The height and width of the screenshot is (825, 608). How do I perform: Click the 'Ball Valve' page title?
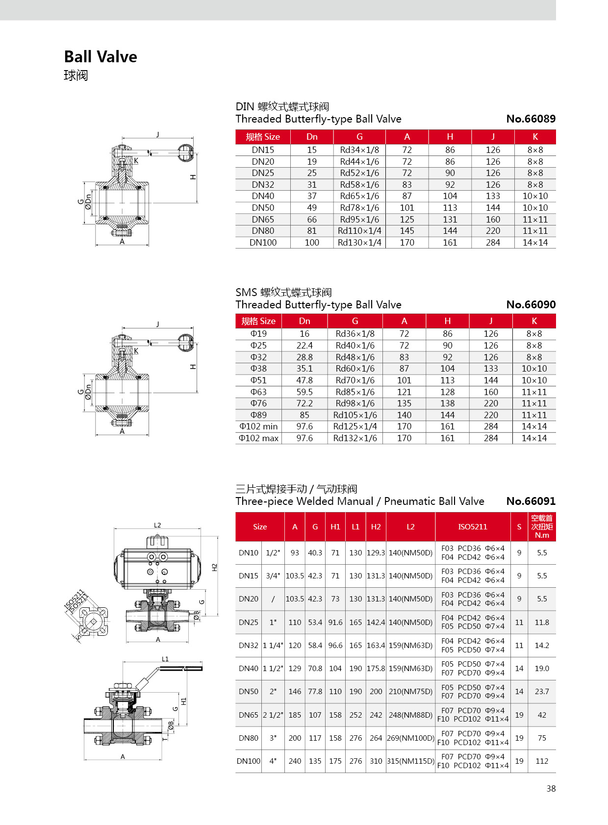[101, 57]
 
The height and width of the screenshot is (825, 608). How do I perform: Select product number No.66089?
[531, 119]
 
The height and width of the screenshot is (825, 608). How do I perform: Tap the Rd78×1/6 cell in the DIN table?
[359, 208]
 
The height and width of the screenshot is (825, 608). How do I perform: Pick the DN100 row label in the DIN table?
[263, 243]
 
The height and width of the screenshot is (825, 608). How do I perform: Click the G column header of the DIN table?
[359, 137]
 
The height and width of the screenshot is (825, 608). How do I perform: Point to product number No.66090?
[531, 304]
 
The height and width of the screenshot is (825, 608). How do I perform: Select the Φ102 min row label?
[258, 426]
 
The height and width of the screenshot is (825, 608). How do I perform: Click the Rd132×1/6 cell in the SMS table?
[355, 438]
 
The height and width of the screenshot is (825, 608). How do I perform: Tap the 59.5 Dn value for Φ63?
[304, 392]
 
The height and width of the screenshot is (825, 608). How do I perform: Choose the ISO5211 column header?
[473, 527]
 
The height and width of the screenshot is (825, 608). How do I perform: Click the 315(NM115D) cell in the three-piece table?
[410, 761]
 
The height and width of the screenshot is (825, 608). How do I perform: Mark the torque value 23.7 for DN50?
[542, 692]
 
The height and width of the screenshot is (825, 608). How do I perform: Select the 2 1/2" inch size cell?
[273, 715]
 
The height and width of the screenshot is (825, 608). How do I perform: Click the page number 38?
[551, 789]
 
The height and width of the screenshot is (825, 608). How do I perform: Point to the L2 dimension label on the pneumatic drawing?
[157, 525]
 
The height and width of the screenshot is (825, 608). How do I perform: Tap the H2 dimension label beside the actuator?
[214, 567]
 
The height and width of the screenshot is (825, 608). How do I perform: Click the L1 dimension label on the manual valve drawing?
[165, 659]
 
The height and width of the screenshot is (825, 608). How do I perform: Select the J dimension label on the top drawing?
[158, 134]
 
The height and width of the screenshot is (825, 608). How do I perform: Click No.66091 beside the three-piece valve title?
[531, 501]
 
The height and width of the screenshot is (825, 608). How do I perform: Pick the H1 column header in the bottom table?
[335, 527]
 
